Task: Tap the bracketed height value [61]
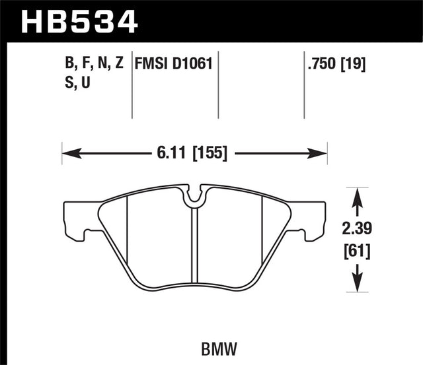[x=358, y=251]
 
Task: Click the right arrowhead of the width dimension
[x=322, y=154]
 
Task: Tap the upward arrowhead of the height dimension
[x=358, y=193]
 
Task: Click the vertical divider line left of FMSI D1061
[x=133, y=86]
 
